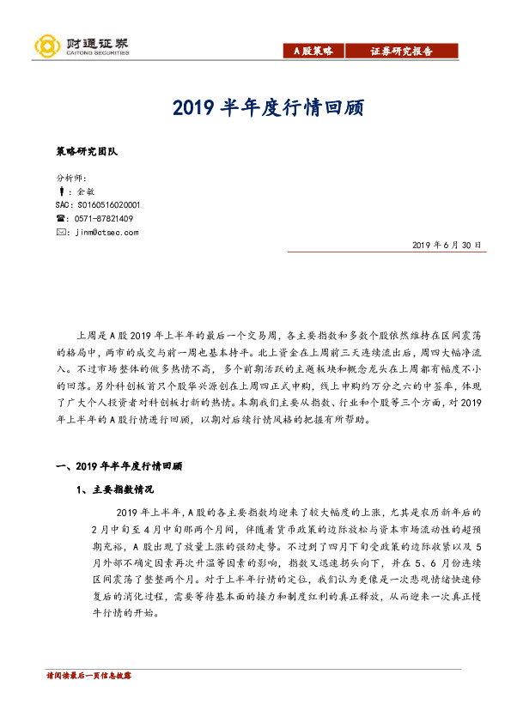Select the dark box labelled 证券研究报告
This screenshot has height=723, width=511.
402,51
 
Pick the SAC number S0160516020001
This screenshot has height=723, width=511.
97,205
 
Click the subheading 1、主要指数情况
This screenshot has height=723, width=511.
114,489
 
